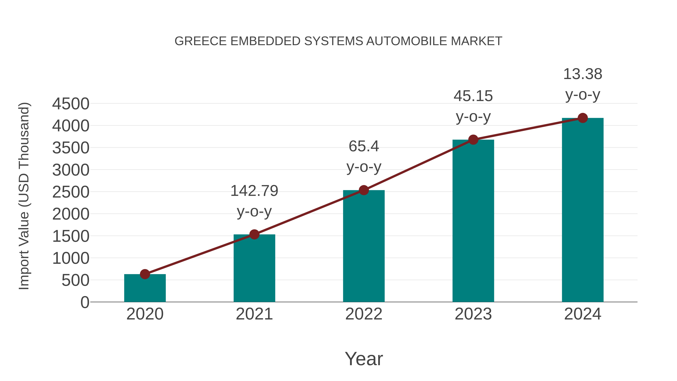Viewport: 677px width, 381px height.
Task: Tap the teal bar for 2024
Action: click(583, 210)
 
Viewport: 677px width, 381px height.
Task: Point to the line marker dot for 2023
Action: click(473, 140)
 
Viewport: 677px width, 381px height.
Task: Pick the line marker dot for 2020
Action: click(145, 274)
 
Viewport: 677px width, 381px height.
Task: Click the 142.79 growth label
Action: click(254, 191)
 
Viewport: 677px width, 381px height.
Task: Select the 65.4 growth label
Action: click(364, 146)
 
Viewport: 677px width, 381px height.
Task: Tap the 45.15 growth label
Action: click(473, 96)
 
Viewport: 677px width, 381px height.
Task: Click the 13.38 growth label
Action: click(583, 74)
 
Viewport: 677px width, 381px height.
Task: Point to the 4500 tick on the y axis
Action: click(71, 104)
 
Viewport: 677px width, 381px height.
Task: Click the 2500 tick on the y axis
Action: click(71, 192)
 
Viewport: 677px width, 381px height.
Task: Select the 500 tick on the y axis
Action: click(75, 281)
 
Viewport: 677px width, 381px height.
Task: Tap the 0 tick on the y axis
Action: click(85, 302)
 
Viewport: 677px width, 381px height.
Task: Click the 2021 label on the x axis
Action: click(254, 314)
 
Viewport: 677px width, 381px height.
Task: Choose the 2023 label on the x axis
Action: click(473, 314)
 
